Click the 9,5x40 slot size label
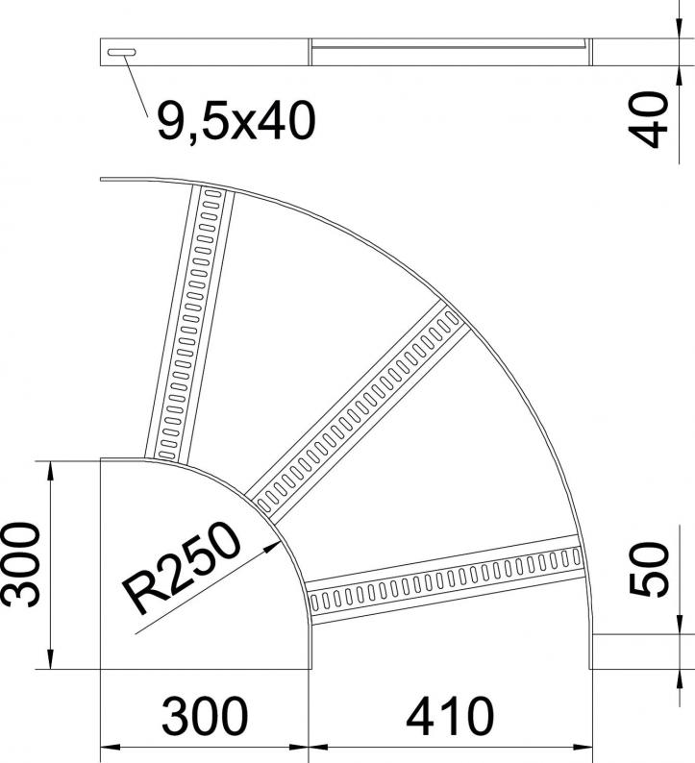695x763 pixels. pyautogui.click(x=236, y=120)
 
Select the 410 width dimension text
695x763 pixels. pyautogui.click(x=450, y=716)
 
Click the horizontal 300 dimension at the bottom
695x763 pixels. pyautogui.click(x=205, y=716)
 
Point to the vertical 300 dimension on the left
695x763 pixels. pyautogui.click(x=19, y=564)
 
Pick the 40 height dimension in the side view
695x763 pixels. pyautogui.click(x=647, y=120)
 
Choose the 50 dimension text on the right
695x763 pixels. pyautogui.click(x=649, y=569)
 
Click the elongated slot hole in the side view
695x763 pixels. pyautogui.click(x=122, y=52)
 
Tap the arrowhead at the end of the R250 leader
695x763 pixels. pyautogui.click(x=272, y=547)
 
